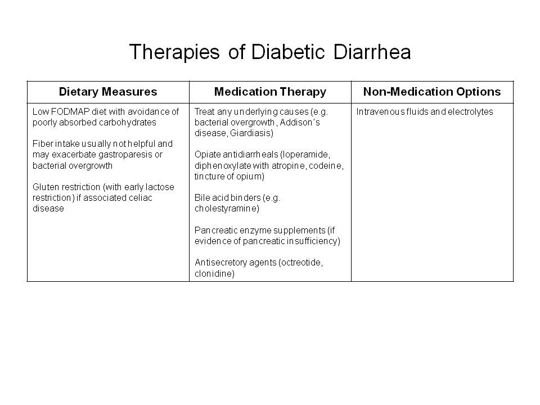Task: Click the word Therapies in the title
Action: coord(174,52)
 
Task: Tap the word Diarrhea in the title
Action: coord(372,52)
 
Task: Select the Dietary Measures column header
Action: coord(108,92)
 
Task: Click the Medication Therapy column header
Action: coord(270,92)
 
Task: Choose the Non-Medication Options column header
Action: coord(432,92)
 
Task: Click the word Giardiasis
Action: coord(251,133)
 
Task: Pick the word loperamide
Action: coord(306,155)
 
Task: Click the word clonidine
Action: coord(214,273)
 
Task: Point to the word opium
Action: coord(253,177)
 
